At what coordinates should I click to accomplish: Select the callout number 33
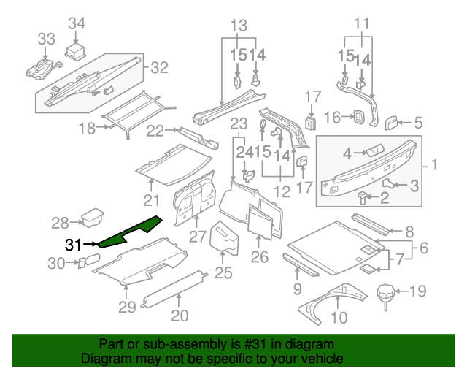tap(46, 38)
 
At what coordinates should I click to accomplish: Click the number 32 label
tap(159, 68)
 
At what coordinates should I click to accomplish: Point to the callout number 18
tap(87, 129)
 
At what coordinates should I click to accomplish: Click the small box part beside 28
tap(93, 217)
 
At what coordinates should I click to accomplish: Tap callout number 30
tap(56, 263)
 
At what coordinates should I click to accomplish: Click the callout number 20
tap(180, 316)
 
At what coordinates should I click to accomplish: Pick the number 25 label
tap(223, 272)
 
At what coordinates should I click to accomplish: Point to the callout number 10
tap(339, 318)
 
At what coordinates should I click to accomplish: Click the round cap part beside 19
tap(385, 295)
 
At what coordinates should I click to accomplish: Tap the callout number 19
tap(417, 292)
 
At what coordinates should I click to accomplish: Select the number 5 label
tap(418, 123)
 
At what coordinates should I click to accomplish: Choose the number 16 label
tap(332, 117)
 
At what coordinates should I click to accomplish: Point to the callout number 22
tap(155, 131)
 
